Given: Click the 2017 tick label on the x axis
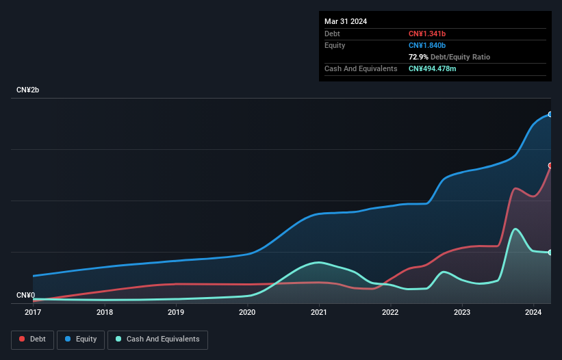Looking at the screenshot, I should pos(33,312).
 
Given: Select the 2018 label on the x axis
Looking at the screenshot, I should pos(105,312).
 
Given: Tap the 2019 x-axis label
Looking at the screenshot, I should pos(176,312).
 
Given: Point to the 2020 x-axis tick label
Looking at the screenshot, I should pos(247,312).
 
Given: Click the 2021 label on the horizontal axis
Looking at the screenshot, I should pos(319,312).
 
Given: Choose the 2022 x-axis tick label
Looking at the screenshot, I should pos(390,312).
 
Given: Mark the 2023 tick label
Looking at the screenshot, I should pos(462,312).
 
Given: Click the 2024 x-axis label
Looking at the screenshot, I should pos(533,312).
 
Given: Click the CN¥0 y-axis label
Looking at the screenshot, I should pos(26,296).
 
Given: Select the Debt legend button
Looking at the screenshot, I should pos(31,339).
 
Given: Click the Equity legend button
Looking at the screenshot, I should pos(81,339).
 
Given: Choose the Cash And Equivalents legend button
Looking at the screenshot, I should pos(157,339).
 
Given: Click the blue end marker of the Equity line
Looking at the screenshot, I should pos(550,114).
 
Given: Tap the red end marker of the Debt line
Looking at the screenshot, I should pos(550,166).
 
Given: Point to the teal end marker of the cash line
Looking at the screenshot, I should pos(550,253).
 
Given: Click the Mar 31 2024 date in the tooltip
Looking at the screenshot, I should pos(346,21).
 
